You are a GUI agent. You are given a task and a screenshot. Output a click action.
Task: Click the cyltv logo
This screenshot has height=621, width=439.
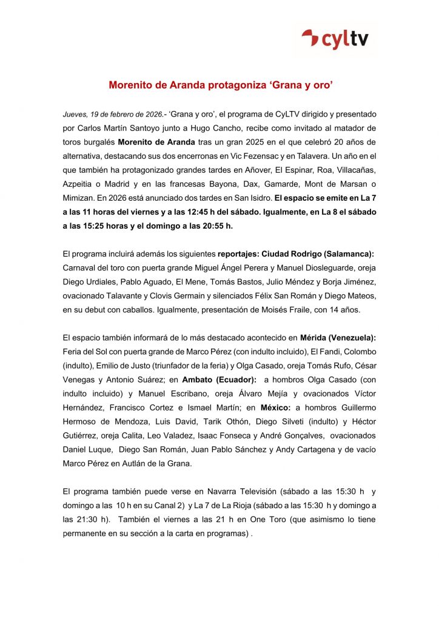point(339,39)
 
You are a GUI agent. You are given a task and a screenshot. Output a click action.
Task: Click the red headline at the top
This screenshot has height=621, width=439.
point(220,86)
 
